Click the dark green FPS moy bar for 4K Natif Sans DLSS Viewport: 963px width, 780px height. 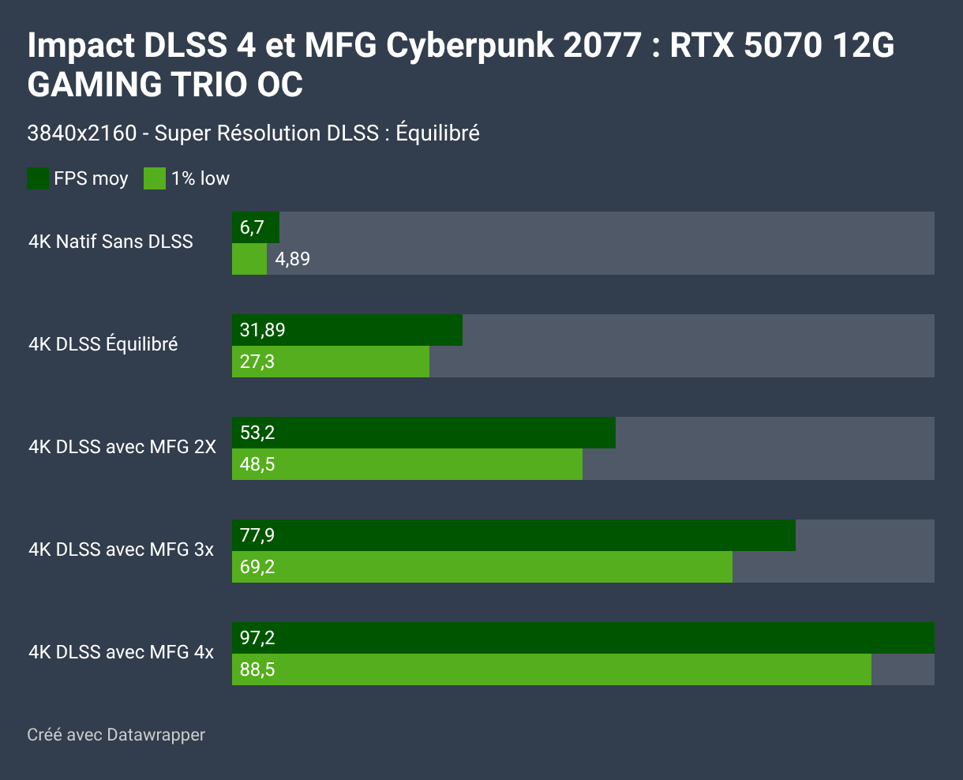(x=256, y=227)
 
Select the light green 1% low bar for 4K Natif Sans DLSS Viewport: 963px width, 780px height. (x=249, y=259)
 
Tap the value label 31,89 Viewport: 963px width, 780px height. (x=262, y=330)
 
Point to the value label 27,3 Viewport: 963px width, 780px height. (x=257, y=362)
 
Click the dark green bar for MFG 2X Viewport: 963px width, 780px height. (x=423, y=433)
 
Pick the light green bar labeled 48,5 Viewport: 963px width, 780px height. (x=407, y=464)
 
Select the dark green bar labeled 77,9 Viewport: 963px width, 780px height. (x=513, y=535)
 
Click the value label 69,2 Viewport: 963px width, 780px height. (x=257, y=567)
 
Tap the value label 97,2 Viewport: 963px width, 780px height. (x=257, y=638)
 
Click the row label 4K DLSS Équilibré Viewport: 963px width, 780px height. (x=103, y=344)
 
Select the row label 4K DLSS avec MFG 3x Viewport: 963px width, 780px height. (x=121, y=549)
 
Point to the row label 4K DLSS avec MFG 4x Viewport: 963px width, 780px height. (x=121, y=652)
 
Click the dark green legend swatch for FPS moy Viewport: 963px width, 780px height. (x=38, y=178)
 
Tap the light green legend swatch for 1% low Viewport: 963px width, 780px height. (x=155, y=178)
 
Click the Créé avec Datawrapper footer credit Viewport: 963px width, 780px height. (x=116, y=735)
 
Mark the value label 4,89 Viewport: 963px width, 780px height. (x=292, y=259)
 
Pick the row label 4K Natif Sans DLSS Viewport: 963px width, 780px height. (x=111, y=242)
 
